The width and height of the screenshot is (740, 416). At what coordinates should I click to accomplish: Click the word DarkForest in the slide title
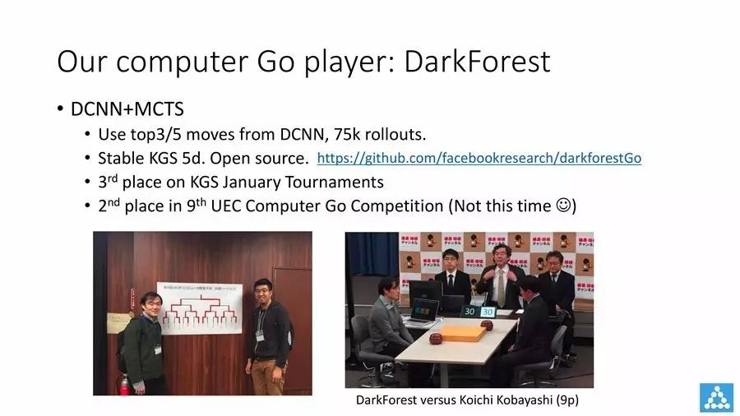477,62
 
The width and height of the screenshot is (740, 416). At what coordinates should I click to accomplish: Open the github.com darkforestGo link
479,158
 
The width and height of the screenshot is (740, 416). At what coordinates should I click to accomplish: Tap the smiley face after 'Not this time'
563,206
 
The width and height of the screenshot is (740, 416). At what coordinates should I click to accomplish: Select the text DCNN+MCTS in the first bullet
127,109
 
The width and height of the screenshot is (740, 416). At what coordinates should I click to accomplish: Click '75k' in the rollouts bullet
347,135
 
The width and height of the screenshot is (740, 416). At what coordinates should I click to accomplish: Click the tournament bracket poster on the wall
200,308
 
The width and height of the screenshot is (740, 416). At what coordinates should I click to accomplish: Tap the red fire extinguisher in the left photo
124,385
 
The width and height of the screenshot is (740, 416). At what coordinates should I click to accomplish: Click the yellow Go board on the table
462,333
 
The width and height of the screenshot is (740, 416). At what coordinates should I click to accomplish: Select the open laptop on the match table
423,312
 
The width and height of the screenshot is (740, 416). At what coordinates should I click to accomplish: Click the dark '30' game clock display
469,312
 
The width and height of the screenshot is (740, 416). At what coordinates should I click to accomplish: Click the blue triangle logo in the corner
716,397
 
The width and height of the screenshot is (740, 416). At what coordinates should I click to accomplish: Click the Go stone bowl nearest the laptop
435,338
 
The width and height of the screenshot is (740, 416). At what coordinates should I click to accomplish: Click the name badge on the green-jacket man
158,349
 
